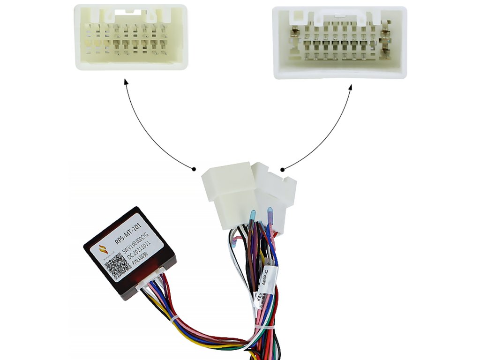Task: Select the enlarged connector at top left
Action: [x=131, y=37]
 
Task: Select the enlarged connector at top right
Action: [x=340, y=42]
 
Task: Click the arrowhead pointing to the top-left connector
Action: [x=125, y=82]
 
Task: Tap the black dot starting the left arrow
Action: [x=194, y=168]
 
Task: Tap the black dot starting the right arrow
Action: [x=282, y=169]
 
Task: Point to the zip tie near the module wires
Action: [x=175, y=321]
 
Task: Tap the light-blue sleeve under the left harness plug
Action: [x=252, y=216]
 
